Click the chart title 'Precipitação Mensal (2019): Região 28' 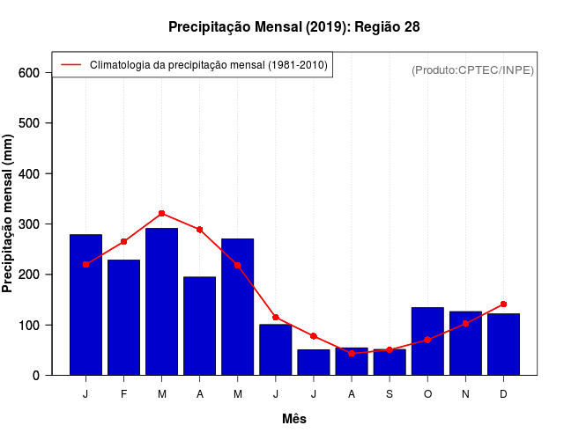294,26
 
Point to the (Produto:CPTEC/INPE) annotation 472,70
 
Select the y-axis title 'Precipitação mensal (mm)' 9,212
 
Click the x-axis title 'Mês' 294,419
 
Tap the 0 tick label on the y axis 35,375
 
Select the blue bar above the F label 123,317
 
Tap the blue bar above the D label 503,344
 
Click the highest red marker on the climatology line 161,213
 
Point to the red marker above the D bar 503,304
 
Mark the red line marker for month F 123,241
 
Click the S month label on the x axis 390,394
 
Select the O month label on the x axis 427,394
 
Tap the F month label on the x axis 123,394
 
